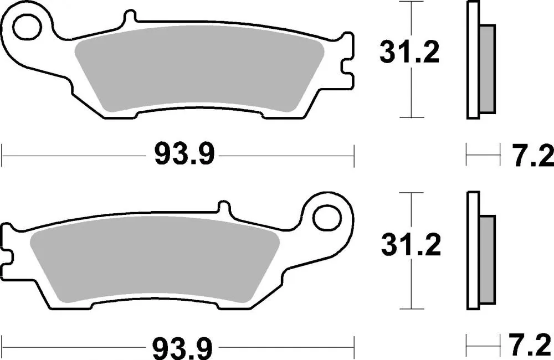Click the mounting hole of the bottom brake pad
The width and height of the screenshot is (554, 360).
(x=326, y=217)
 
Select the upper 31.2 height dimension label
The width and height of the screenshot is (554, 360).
(x=409, y=53)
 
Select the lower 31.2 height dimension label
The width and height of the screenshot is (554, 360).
(x=411, y=245)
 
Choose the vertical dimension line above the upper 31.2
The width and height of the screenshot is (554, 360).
(x=411, y=19)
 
